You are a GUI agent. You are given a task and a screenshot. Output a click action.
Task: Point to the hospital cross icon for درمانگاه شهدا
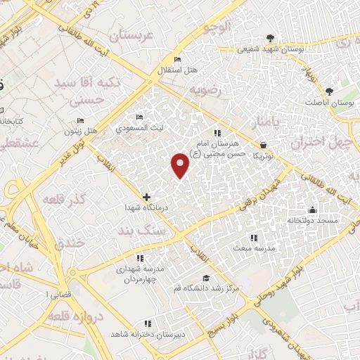coord(146,198)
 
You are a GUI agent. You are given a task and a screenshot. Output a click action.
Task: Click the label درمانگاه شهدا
coord(145,209)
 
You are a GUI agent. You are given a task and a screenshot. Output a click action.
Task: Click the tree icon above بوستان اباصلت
coord(329,91)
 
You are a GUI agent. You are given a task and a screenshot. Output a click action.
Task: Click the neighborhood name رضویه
coord(205,90)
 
